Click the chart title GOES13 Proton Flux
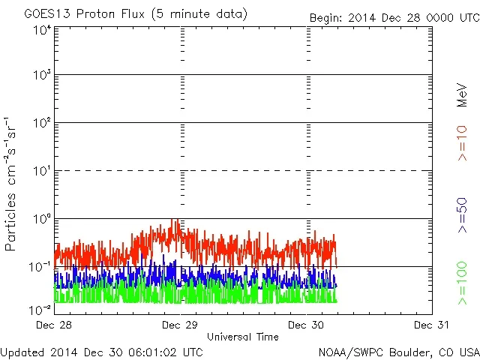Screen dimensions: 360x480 [x=136, y=14]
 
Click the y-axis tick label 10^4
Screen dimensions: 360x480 [x=42, y=30]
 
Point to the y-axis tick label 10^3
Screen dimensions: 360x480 [x=42, y=76]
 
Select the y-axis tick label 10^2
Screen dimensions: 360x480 [x=42, y=123]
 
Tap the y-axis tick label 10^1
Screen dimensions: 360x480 [x=42, y=171]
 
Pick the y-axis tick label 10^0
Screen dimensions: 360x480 [x=42, y=219]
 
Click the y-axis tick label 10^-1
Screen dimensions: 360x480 [x=41, y=267]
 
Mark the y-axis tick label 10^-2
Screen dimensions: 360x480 [x=41, y=308]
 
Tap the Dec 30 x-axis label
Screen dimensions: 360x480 [x=307, y=325]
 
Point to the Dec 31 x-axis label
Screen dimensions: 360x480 [x=431, y=325]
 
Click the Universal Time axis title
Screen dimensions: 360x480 [x=242, y=337]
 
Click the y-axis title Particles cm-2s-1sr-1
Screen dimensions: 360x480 [x=11, y=184]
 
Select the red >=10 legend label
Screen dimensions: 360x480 [x=463, y=142]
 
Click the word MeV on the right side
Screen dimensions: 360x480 [x=463, y=96]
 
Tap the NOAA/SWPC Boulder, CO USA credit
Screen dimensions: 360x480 [x=398, y=351]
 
